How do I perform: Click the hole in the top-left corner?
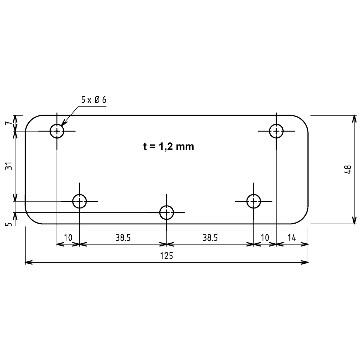click(x=57, y=131)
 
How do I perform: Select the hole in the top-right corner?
click(x=276, y=131)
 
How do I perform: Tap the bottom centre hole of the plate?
click(x=167, y=212)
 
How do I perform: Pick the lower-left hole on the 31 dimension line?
click(x=79, y=201)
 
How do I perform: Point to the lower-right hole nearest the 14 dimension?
click(x=253, y=201)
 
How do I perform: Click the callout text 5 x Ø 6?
click(x=94, y=100)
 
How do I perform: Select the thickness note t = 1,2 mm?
click(x=168, y=147)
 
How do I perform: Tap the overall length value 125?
click(x=167, y=256)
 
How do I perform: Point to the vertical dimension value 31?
click(x=9, y=166)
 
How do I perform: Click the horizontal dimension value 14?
click(x=292, y=238)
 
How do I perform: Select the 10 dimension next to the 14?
click(x=265, y=238)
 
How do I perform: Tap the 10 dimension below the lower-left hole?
click(x=68, y=238)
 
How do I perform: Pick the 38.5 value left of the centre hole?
click(x=123, y=238)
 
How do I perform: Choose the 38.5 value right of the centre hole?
click(x=210, y=238)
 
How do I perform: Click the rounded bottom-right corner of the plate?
click(x=303, y=219)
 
